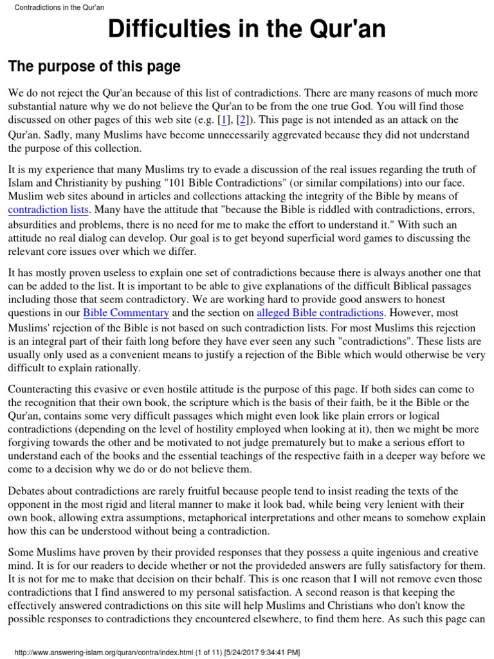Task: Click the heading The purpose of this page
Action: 94,67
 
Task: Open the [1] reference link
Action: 226,120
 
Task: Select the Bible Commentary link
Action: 127,313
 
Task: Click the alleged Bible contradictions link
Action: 320,313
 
